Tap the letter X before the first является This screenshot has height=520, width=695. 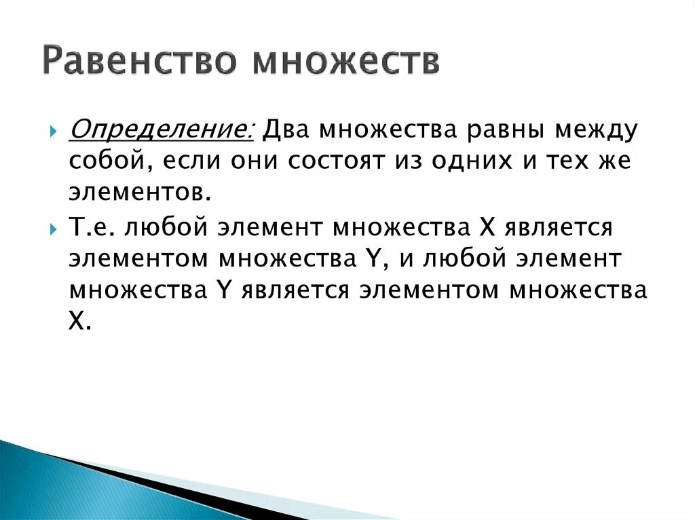pyautogui.click(x=489, y=228)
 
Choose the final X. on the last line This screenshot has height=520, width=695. pyautogui.click(x=79, y=323)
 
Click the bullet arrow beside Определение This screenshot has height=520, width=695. pyautogui.click(x=54, y=129)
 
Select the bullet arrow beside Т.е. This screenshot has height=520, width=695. pyautogui.click(x=54, y=229)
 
